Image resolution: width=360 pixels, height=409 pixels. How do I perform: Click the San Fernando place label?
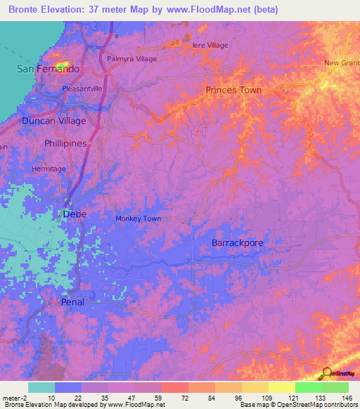click(48, 69)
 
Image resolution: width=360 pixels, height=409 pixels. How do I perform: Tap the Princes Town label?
click(233, 90)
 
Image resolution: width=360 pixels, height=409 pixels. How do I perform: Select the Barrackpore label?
click(237, 242)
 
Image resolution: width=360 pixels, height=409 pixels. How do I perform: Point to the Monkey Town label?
click(138, 219)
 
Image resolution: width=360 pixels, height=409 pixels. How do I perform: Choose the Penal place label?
click(72, 302)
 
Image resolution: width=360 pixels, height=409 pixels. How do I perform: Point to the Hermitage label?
click(49, 169)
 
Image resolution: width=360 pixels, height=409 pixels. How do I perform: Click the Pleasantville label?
click(82, 89)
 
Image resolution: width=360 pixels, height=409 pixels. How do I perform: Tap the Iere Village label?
click(210, 45)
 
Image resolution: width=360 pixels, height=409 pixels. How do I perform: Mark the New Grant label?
click(342, 63)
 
